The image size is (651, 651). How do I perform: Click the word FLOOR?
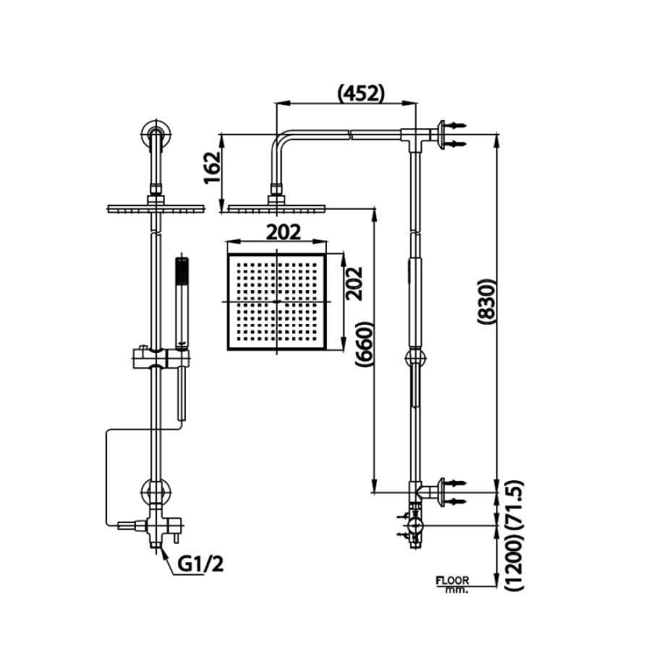tap(453, 580)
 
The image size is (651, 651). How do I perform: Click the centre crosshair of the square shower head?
tap(277, 300)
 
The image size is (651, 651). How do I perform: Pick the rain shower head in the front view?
tap(155, 209)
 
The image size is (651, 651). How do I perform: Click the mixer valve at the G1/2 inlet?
tap(156, 527)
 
